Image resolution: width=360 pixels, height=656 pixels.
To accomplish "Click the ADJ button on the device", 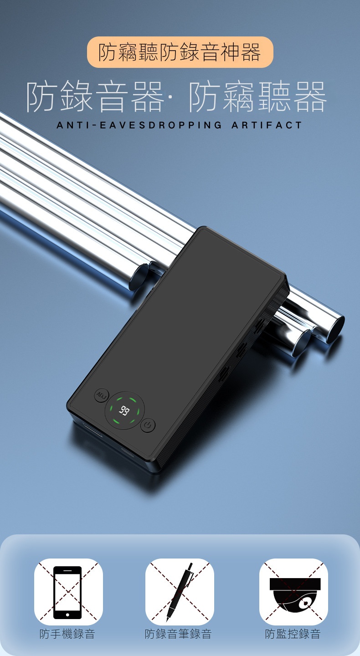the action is (102, 395).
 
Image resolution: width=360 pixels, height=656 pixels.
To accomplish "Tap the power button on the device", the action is (148, 425).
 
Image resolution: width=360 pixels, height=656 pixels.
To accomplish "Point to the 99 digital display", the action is (124, 410).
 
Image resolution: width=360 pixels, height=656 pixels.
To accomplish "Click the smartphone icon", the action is (67, 592).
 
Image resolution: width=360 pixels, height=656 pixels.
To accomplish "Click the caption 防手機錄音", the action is (67, 634).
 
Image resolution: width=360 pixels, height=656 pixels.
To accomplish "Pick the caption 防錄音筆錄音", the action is (178, 634).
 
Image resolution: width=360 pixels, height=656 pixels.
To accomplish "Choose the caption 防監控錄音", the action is (293, 634).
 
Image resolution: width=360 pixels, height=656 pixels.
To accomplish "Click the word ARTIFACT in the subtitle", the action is (267, 125).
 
